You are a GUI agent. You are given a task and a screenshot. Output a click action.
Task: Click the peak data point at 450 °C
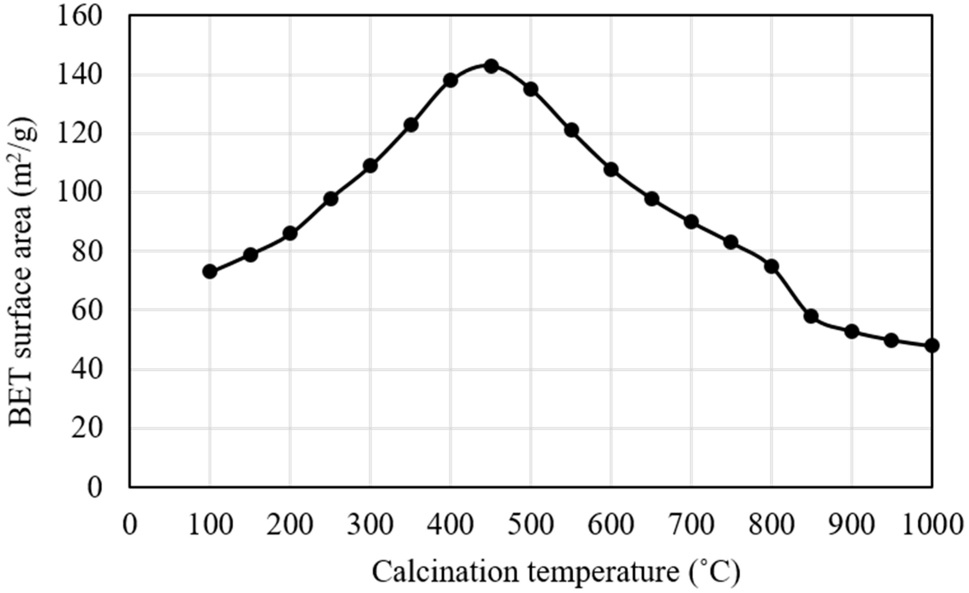(491, 66)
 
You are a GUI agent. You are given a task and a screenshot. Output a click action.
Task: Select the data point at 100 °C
(210, 272)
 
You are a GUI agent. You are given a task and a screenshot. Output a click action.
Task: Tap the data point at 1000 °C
(932, 346)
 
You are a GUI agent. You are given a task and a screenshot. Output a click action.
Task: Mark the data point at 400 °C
(450, 80)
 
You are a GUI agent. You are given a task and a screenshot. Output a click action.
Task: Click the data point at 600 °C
(611, 170)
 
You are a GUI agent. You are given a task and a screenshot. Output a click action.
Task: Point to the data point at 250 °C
(331, 199)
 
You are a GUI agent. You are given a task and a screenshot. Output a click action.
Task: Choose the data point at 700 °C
(691, 222)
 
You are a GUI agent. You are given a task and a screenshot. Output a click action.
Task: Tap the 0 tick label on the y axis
(94, 488)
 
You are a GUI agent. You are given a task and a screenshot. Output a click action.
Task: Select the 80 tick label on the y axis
(87, 252)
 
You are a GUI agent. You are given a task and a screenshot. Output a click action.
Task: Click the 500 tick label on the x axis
(531, 525)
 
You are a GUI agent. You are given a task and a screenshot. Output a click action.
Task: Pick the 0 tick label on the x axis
(130, 525)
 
